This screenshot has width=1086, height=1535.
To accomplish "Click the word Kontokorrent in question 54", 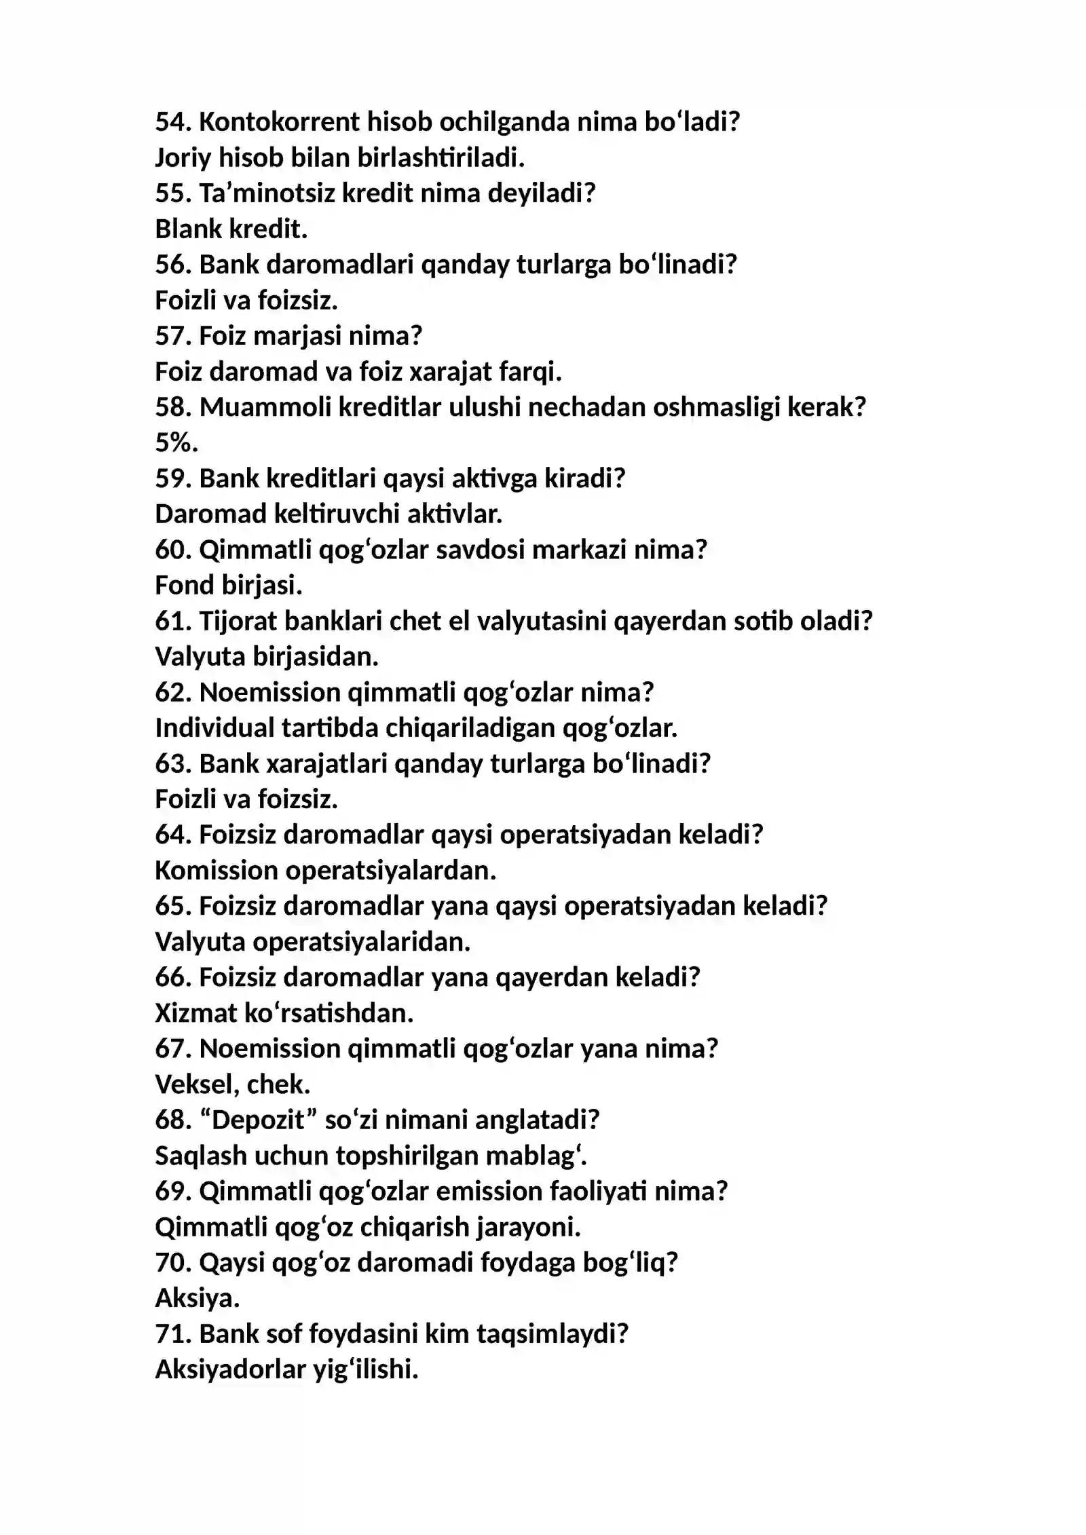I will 279,122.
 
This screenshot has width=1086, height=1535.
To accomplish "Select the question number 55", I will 173,193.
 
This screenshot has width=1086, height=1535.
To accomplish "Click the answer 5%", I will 176,443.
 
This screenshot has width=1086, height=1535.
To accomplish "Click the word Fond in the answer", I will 185,586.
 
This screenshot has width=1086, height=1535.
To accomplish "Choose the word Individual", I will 214,728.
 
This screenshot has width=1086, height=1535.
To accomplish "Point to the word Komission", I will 216,871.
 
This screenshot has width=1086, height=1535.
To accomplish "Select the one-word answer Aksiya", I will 197,1299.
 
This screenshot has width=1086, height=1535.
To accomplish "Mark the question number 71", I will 173,1334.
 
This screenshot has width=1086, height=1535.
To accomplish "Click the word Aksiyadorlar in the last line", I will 230,1370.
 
